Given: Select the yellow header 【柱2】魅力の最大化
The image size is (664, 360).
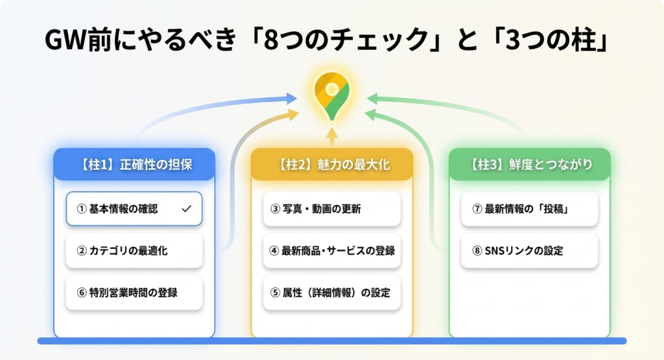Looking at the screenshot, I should coord(331,165).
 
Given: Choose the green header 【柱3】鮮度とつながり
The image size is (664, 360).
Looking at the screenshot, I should coord(529,165).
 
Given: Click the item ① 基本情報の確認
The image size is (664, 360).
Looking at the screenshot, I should coord(134,209).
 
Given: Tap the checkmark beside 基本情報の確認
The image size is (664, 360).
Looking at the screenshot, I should coord(187,209).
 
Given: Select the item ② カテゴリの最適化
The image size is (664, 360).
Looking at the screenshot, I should coord(134,250).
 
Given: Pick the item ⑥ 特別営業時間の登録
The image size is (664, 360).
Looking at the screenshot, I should coord(134,293).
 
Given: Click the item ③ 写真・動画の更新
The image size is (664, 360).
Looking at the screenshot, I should coord(331,209).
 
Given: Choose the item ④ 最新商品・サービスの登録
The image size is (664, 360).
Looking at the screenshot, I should coord(331,250).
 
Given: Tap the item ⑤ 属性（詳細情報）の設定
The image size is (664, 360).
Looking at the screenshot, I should coord(331,293).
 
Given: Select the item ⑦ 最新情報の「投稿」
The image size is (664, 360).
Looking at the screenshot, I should coord(529,209).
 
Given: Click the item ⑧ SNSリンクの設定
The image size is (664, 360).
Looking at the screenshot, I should coord(529,250).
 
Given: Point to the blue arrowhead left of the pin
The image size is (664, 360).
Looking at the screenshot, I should coord(291,99).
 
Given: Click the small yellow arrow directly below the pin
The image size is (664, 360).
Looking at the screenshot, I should coord(331,136).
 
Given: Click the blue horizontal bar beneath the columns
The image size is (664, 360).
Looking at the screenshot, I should coord(331,341).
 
